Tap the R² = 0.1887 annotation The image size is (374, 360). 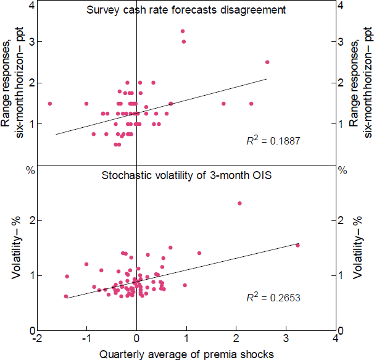[x=272, y=141]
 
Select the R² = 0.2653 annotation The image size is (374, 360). [x=272, y=299]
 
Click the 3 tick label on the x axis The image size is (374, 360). [x=285, y=338]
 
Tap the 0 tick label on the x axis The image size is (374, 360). [x=136, y=338]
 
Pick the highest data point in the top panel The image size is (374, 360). [x=183, y=31]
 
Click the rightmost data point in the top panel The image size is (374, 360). [x=267, y=62]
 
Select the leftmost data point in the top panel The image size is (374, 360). [x=49, y=104]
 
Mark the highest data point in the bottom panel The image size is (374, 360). [x=239, y=203]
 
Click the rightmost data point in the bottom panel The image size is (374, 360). [x=297, y=245]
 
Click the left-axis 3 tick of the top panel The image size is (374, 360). [x=30, y=41]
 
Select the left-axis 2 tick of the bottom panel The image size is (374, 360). [x=30, y=220]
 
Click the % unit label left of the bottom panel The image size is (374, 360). [x=29, y=170]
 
